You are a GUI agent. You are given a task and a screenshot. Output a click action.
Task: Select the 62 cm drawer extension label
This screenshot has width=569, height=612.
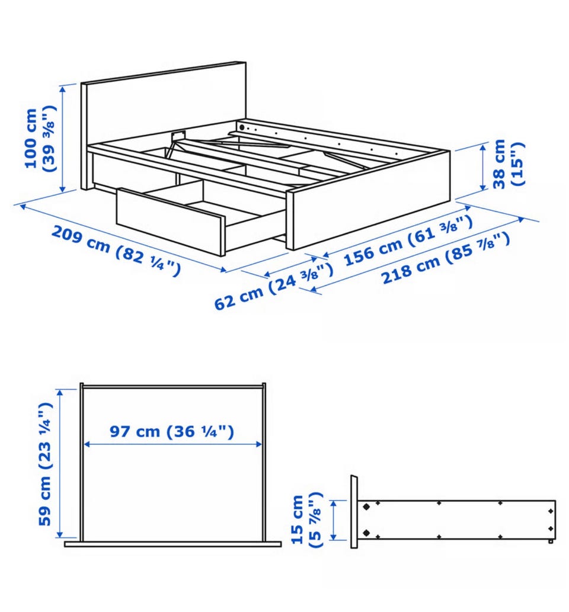[274, 287]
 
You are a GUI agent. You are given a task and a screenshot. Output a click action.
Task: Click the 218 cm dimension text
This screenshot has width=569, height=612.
[445, 258]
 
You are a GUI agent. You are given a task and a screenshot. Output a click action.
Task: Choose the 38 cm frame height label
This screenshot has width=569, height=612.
[507, 164]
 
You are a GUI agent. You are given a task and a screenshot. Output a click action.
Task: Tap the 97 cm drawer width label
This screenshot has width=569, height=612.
[172, 431]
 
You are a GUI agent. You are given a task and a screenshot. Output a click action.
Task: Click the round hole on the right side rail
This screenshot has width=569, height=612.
[242, 127]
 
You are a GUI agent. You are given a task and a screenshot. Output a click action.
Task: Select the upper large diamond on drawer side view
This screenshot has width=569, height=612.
[366, 507]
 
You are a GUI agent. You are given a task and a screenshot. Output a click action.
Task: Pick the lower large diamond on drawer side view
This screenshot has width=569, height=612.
[366, 533]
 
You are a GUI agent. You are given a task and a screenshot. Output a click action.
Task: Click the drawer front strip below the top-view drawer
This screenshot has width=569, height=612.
[172, 544]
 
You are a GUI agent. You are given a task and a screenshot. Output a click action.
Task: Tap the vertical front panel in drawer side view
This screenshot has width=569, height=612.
[354, 511]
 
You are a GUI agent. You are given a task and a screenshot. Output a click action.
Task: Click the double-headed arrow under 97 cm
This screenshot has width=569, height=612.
[172, 444]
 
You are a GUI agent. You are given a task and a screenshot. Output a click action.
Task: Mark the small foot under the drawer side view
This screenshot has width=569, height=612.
[551, 541]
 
